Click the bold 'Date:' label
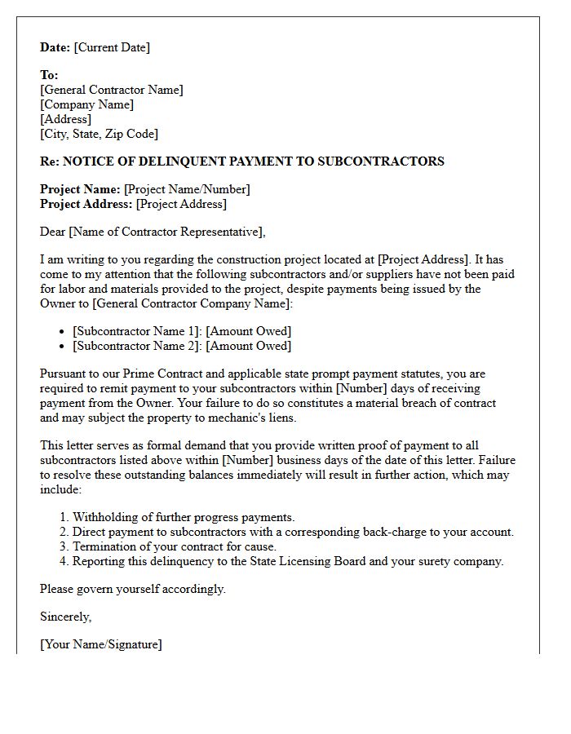coord(55,47)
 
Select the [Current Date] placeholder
coord(112,47)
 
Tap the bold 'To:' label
coord(49,75)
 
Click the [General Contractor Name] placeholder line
coord(112,90)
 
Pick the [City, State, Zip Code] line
coord(99,134)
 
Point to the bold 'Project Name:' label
coord(80,189)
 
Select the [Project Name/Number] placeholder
coord(187,189)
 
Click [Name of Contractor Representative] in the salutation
coord(166,232)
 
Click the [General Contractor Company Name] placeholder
coord(189,303)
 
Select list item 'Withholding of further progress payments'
coord(184,517)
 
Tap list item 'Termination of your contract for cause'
coord(175,546)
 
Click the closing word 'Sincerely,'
coord(66,617)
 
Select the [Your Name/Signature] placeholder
coord(101,644)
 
